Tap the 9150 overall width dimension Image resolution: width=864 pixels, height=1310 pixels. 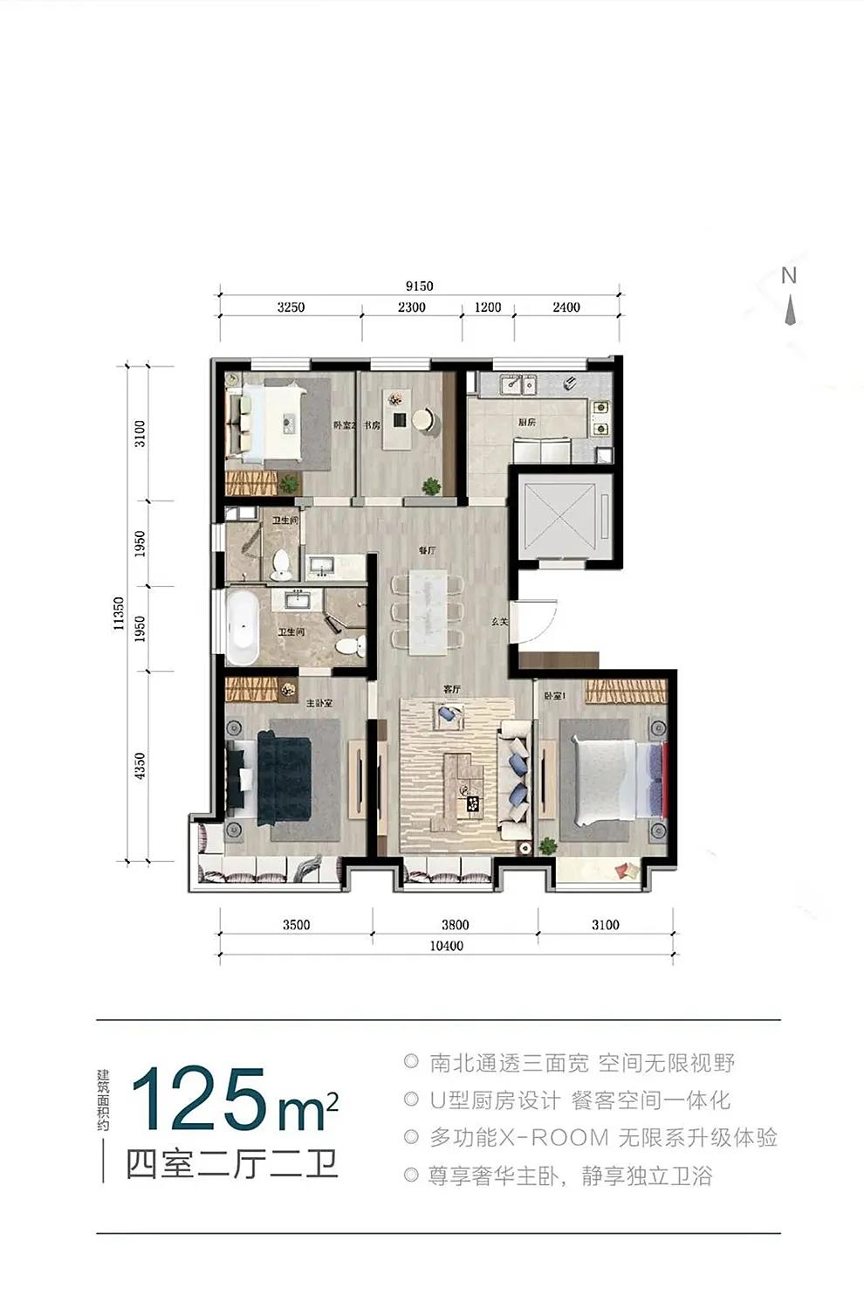419,286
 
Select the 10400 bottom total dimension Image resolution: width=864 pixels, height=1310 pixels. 447,946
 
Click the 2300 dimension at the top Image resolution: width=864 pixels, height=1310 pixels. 411,307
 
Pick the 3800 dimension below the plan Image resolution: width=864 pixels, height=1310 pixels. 455,925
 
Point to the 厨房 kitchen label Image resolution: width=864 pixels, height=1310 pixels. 526,422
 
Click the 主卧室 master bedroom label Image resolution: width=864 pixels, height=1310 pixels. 319,702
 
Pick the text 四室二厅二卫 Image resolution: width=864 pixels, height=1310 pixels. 231,1164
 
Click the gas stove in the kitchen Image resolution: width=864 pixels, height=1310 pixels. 601,417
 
